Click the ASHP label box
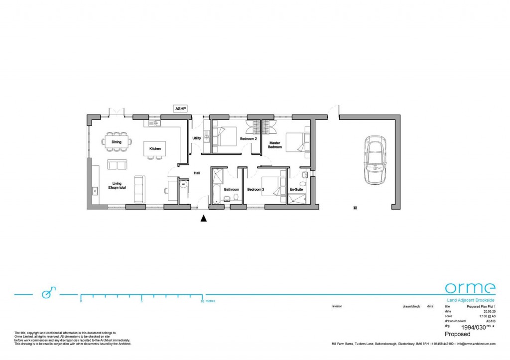179,108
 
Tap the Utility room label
197,138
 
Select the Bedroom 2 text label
248,138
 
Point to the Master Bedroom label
275,145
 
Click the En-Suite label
296,190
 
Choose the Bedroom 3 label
255,190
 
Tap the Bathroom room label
232,190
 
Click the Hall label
197,173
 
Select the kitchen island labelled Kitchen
155,148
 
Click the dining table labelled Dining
117,142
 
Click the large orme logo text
470,288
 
